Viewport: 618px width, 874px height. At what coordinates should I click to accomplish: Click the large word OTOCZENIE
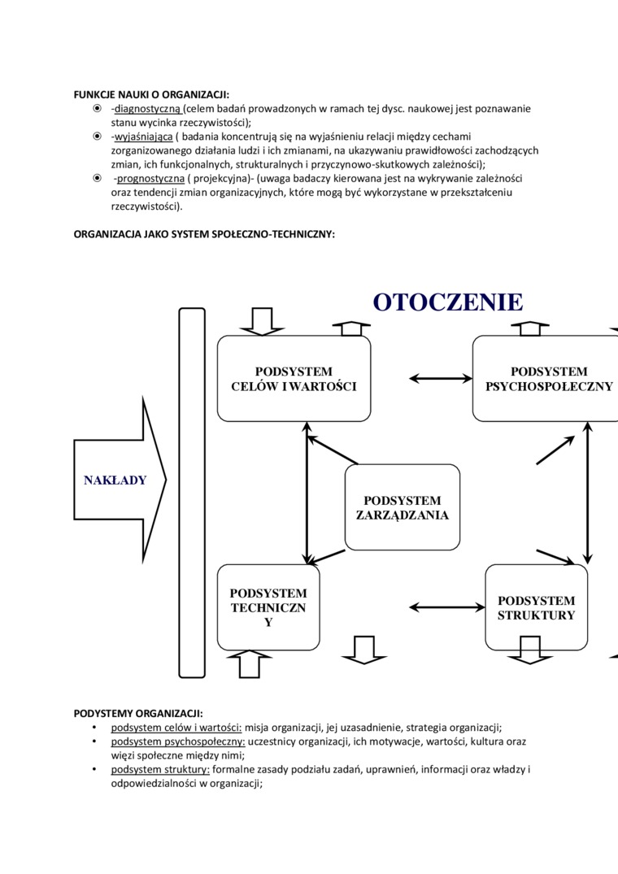pyautogui.click(x=448, y=302)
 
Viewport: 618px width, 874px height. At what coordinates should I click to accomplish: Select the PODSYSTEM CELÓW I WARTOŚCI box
pyautogui.click(x=294, y=379)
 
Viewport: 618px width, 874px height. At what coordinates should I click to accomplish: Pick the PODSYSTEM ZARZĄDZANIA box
pyautogui.click(x=403, y=507)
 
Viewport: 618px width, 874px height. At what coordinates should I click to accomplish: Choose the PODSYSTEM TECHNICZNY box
pyautogui.click(x=268, y=607)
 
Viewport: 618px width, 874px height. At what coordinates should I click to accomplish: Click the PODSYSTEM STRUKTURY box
pyautogui.click(x=536, y=607)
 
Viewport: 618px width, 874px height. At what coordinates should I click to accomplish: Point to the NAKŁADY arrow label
pyautogui.click(x=115, y=480)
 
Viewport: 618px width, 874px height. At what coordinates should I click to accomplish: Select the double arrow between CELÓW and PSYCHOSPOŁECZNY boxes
pyautogui.click(x=440, y=378)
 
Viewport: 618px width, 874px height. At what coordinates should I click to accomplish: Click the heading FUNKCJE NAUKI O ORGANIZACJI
pyautogui.click(x=151, y=94)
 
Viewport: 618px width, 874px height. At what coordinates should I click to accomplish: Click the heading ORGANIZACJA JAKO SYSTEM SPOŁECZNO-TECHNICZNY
pyautogui.click(x=204, y=234)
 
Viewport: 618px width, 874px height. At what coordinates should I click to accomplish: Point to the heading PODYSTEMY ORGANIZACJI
pyautogui.click(x=138, y=714)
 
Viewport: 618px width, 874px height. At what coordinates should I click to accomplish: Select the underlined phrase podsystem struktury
pyautogui.click(x=160, y=769)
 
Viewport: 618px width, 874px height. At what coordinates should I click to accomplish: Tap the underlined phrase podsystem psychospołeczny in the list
pyautogui.click(x=178, y=741)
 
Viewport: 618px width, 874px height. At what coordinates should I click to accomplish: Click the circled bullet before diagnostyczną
pyautogui.click(x=97, y=108)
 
